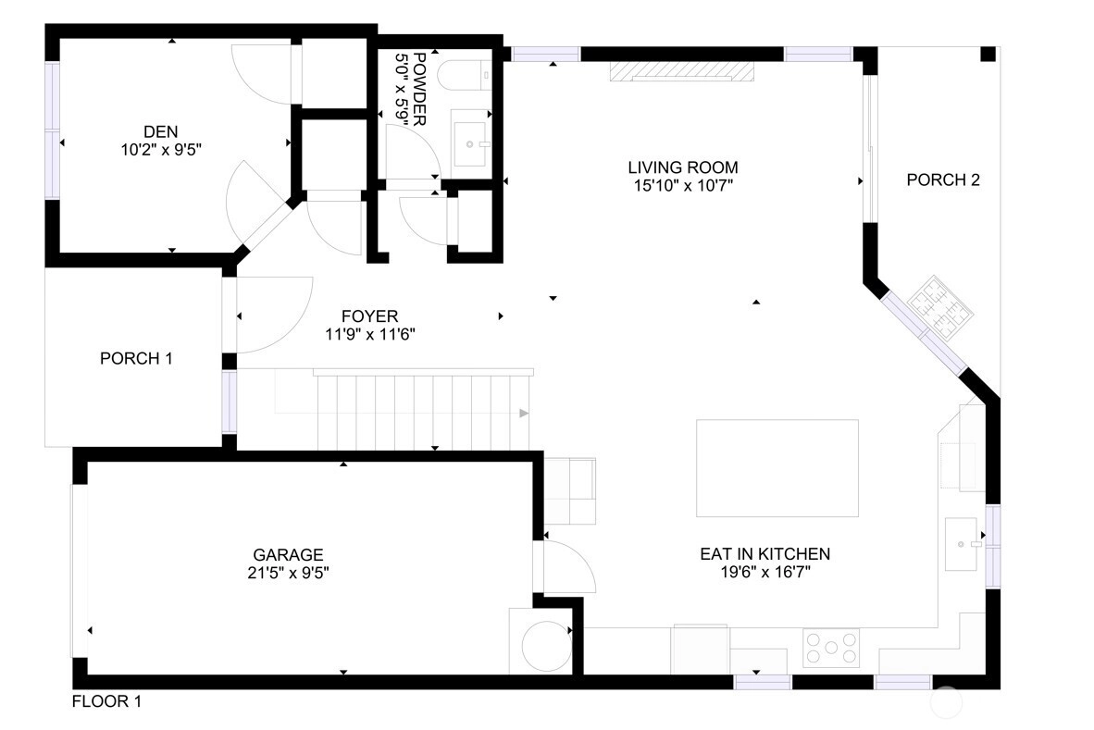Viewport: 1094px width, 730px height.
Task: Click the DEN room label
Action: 160,131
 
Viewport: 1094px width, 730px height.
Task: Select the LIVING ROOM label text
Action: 683,167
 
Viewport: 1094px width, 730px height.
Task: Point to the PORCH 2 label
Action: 943,179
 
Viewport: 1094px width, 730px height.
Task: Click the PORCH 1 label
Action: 136,358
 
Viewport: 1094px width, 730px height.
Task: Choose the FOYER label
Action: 370,316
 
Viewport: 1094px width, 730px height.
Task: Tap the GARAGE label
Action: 288,555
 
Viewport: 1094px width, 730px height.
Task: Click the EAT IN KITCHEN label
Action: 765,554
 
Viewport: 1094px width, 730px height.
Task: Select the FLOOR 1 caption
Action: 106,701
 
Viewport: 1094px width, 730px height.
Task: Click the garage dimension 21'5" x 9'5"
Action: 288,573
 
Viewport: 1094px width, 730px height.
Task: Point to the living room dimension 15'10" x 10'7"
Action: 683,185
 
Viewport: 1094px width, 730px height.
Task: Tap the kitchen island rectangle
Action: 777,468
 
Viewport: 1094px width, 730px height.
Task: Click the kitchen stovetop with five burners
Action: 831,648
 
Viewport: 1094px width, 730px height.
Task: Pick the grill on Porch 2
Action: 940,307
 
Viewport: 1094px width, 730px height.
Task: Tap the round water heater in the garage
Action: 546,647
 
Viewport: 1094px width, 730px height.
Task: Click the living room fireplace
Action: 682,72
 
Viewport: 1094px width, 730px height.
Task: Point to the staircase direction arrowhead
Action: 524,414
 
